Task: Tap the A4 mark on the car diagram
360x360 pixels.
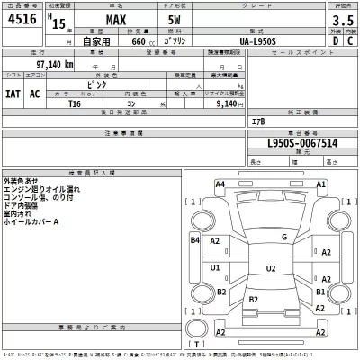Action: coord(220,184)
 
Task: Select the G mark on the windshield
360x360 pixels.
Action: coord(283,238)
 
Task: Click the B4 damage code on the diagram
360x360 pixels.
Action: coord(194,241)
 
